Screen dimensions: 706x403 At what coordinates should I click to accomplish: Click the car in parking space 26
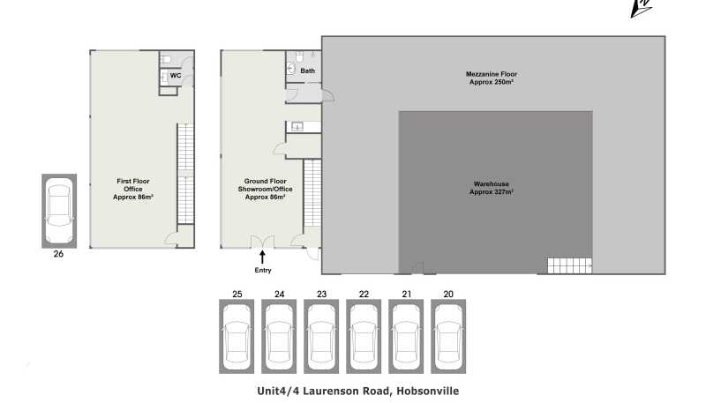click(x=59, y=211)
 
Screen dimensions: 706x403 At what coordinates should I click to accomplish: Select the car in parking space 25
click(x=237, y=337)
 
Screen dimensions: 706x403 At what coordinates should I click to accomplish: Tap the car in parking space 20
click(x=448, y=337)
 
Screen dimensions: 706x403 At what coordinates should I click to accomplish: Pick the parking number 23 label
click(x=321, y=295)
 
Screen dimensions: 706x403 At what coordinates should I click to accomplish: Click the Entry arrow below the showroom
click(x=262, y=257)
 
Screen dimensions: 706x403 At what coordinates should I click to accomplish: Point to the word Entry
click(x=263, y=271)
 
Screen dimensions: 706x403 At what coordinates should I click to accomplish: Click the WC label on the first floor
click(x=176, y=75)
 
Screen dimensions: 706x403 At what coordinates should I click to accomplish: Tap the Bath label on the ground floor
click(x=307, y=71)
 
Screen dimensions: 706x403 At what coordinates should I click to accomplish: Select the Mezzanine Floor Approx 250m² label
click(x=492, y=78)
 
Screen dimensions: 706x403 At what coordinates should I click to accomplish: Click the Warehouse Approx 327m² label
click(x=492, y=188)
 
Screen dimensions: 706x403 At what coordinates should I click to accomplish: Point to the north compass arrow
click(x=642, y=8)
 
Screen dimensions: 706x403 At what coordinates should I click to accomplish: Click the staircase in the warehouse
click(x=569, y=265)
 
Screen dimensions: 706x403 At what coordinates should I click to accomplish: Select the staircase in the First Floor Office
click(x=185, y=174)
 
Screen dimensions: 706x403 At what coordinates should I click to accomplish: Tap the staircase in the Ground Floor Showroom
click(x=312, y=193)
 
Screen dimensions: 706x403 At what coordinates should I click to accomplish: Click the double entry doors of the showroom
click(x=262, y=242)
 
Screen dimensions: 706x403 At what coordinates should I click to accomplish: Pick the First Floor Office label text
click(x=133, y=189)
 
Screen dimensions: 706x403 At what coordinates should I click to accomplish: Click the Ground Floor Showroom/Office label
click(x=266, y=189)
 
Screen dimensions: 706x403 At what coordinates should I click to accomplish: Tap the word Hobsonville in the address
click(x=428, y=391)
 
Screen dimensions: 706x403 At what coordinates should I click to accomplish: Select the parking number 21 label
click(x=407, y=295)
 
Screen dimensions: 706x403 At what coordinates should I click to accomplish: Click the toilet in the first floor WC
click(x=166, y=59)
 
